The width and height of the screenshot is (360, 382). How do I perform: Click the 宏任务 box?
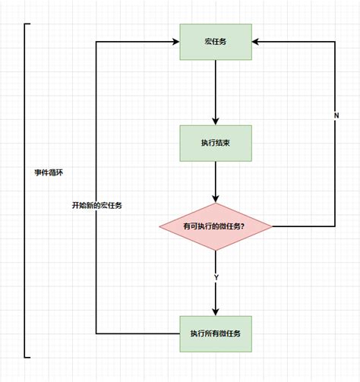[216, 42]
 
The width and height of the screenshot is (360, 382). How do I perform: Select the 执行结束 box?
[216, 142]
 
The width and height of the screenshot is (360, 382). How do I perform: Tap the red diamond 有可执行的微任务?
[216, 226]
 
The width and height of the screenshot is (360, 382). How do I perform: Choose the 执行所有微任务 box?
[216, 333]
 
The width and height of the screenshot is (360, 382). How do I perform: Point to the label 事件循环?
[49, 172]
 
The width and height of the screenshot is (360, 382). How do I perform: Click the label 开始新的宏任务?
[97, 205]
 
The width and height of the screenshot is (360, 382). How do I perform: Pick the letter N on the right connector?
[335, 115]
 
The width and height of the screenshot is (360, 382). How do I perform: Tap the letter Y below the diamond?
[216, 278]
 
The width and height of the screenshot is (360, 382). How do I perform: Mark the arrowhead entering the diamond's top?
[216, 199]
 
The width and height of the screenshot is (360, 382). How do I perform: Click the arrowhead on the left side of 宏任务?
[175, 42]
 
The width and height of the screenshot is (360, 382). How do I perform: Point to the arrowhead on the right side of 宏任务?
[257, 42]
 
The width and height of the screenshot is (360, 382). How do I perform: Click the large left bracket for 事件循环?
[26, 190]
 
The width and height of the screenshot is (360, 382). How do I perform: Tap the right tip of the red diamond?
[272, 226]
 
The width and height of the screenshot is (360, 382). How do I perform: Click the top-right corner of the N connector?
[335, 42]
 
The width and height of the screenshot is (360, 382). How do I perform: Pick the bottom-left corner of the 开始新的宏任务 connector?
[96, 333]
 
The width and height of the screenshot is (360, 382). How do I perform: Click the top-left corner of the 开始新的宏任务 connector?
[96, 42]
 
